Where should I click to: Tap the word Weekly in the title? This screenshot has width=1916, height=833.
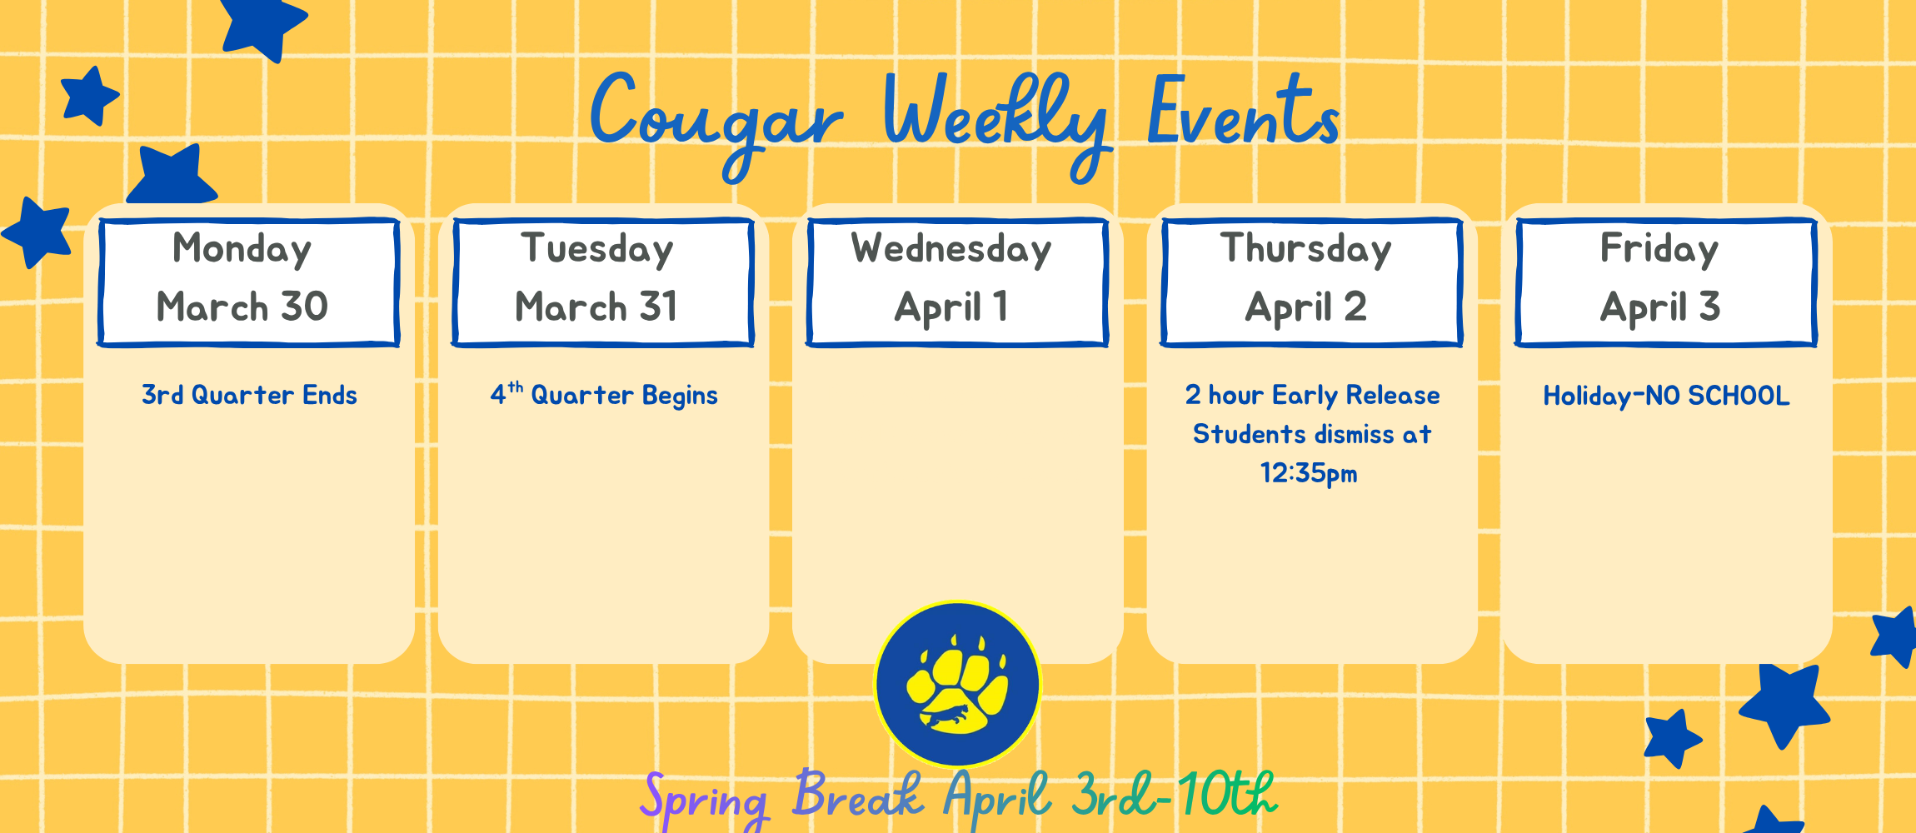(995, 117)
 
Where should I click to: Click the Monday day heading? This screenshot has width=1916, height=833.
(242, 248)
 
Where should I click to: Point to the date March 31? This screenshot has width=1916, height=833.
(596, 307)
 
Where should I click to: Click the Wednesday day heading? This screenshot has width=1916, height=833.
(951, 248)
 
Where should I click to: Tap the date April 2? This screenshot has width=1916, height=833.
(1305, 307)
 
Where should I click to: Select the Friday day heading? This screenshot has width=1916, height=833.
(1659, 248)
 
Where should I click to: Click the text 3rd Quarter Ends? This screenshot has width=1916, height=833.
(249, 395)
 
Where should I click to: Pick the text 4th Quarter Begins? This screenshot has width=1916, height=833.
(604, 395)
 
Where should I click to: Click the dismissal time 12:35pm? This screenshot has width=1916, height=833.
(1308, 473)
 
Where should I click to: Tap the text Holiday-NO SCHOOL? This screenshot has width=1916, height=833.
(1666, 395)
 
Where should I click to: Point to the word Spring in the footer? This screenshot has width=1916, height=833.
(704, 798)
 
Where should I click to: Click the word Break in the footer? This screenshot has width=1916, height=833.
(858, 795)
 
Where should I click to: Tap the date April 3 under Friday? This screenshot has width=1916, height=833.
(1659, 307)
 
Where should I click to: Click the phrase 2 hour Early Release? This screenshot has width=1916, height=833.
(1312, 395)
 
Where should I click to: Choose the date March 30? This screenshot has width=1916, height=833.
(242, 307)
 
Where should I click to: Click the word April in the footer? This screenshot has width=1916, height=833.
(996, 796)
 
